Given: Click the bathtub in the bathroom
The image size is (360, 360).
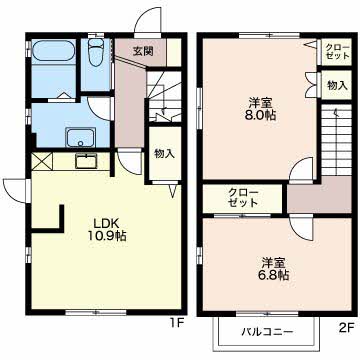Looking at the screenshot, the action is [x=53, y=51].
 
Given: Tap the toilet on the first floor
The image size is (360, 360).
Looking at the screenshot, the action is [x=96, y=51].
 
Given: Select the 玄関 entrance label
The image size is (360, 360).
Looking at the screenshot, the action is [x=143, y=51].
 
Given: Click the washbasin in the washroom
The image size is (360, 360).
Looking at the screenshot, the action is [x=80, y=137].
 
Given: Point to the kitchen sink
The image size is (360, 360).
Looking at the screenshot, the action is [x=86, y=162].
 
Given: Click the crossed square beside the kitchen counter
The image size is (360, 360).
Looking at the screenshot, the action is [x=42, y=162].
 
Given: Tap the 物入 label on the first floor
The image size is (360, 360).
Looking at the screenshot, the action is [x=164, y=153].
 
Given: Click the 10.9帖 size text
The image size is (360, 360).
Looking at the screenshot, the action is [x=107, y=236].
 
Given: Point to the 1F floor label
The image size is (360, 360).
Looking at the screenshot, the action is [x=177, y=323].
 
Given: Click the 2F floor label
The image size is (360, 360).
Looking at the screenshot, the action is [x=346, y=328].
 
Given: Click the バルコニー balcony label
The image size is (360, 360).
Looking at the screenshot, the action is [x=267, y=332].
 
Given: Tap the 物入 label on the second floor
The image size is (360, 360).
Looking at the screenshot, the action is [x=337, y=86].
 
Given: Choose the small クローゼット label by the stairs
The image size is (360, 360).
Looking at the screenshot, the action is [x=338, y=51].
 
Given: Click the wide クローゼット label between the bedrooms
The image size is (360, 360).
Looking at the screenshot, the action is [x=243, y=198].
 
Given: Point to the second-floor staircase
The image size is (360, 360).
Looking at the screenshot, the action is [x=337, y=140].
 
